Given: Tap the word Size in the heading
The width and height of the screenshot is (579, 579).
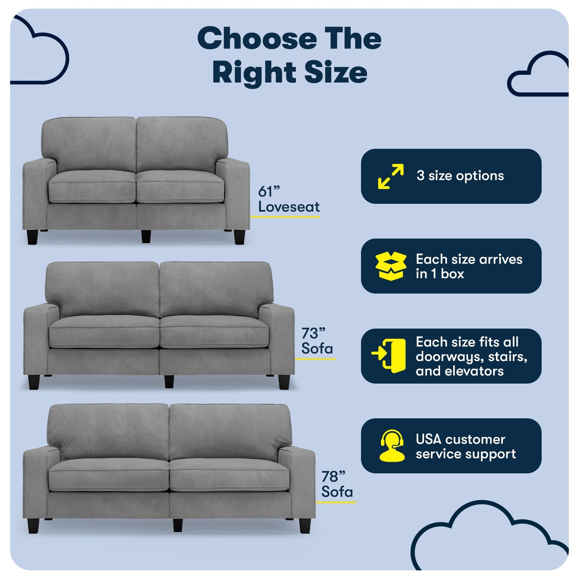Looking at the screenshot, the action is point(336,73).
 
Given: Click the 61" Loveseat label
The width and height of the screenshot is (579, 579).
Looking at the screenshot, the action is point(289,199).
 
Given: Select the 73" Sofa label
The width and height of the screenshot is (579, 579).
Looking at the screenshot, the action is point(317,341).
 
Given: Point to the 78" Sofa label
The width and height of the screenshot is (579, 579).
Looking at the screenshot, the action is point(337,484).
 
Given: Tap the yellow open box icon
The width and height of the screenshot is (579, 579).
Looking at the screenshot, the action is point(391,266).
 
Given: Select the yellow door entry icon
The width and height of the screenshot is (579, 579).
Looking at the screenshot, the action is point(388,356).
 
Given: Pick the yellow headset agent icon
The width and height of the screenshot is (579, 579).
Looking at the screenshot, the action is point(392,446).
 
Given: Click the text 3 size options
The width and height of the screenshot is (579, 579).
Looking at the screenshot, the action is point(460,176).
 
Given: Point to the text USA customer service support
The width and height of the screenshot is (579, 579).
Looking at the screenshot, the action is point(466,447).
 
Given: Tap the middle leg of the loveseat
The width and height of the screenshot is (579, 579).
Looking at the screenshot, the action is point(146,236).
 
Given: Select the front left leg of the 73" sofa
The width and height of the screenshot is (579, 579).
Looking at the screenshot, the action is point(34,382).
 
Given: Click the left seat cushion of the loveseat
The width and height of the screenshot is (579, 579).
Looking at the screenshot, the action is point(92,187).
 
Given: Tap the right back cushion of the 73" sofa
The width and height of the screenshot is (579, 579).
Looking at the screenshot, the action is point(216,290).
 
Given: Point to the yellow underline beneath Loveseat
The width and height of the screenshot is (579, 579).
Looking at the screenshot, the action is point(285,217).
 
